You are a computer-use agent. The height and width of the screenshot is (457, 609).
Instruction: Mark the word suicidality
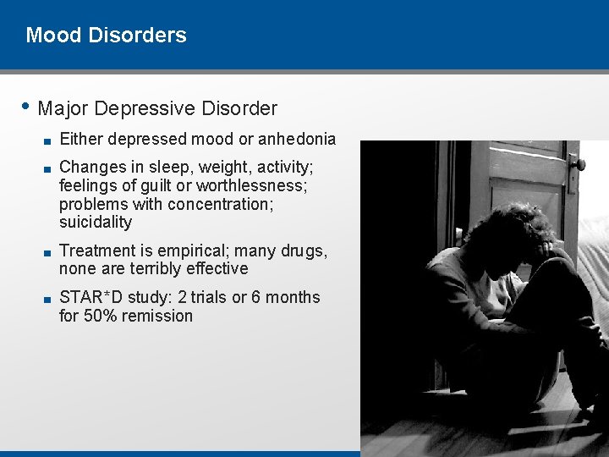[96, 223]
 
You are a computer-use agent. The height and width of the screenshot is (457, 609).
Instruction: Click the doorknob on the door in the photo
[578, 163]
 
